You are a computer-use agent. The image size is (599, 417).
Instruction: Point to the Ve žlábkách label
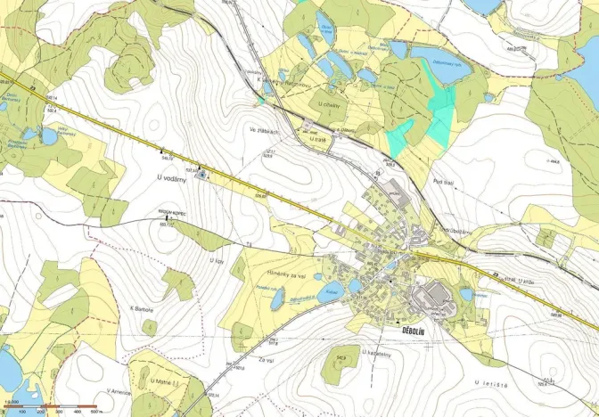click(264, 131)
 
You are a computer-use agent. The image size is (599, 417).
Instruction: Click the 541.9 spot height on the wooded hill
click(341, 359)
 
